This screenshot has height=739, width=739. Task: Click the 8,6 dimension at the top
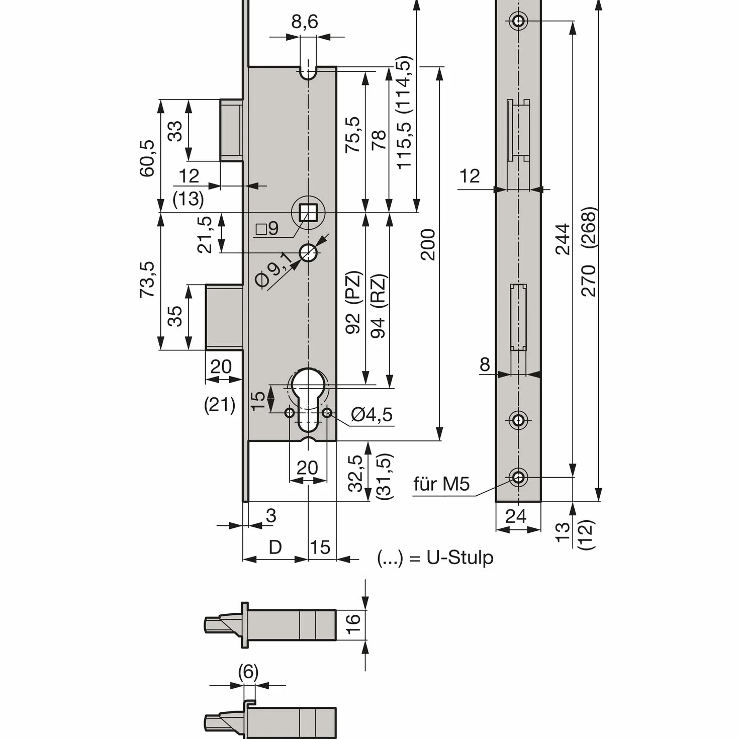pos(305,22)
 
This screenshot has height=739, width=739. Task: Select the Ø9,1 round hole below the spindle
pos(308,253)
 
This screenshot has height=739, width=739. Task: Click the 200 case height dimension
pos(428,245)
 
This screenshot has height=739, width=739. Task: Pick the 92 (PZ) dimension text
pos(353,302)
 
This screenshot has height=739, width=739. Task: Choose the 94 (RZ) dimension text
pos(378,306)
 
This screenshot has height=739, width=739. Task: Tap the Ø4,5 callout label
pos(372,415)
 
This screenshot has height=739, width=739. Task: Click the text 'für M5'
pos(441,484)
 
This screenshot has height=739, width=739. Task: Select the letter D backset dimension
pos(275,547)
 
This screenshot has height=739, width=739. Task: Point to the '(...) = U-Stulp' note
pos(435,558)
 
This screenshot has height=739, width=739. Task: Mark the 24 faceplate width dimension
pos(516,516)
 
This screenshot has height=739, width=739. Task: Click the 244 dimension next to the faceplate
pos(563,239)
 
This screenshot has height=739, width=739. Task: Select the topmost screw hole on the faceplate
pos(518,20)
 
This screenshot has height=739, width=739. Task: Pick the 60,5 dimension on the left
pos(147,158)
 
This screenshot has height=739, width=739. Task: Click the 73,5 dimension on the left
pos(147,280)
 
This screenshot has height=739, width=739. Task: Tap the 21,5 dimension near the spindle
pos(205,235)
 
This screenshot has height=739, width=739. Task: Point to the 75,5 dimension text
pos(353,135)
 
